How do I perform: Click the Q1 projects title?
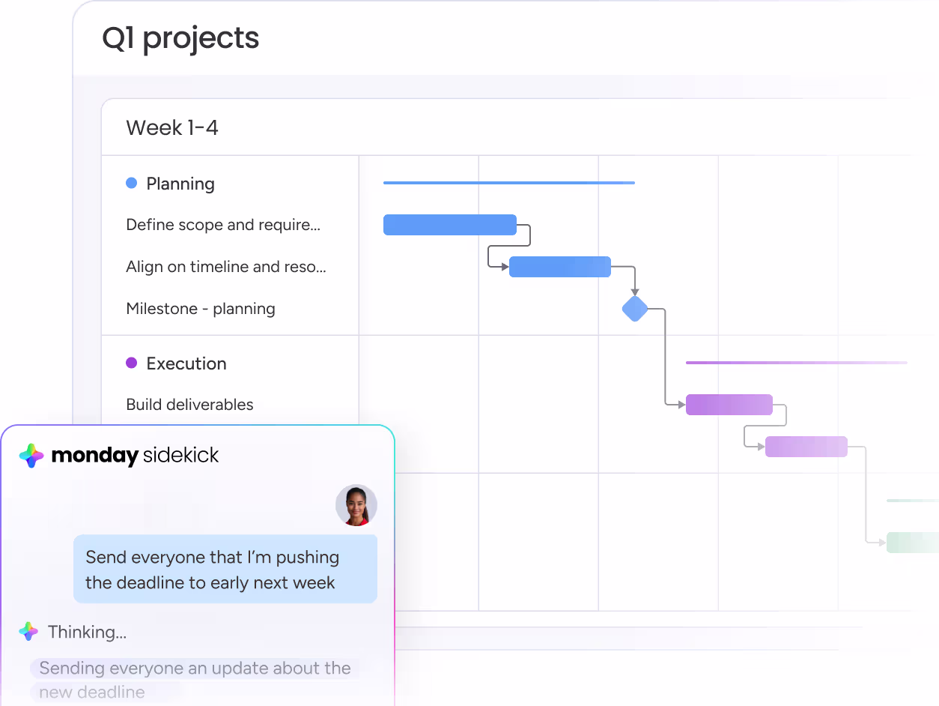tap(180, 38)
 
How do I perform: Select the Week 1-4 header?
tap(172, 127)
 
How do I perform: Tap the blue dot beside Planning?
tap(131, 183)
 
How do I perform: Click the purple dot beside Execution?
tap(131, 363)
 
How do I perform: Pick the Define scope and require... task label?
tap(223, 225)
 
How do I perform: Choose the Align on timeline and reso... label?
tap(226, 267)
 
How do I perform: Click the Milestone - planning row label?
tap(201, 309)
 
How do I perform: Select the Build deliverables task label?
tap(189, 405)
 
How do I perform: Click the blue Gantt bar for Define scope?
tap(450, 225)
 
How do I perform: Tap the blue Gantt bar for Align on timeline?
tap(560, 267)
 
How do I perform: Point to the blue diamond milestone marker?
tap(635, 309)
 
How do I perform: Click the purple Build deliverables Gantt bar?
tap(729, 405)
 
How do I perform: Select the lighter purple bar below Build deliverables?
tap(806, 447)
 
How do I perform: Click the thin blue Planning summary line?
tap(509, 183)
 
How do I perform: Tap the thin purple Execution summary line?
tap(797, 363)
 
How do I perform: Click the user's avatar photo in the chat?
tap(356, 505)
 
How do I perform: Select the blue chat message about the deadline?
tap(225, 569)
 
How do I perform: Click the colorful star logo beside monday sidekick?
tap(31, 456)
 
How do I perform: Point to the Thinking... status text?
tap(88, 632)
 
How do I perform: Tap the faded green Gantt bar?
tap(913, 543)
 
